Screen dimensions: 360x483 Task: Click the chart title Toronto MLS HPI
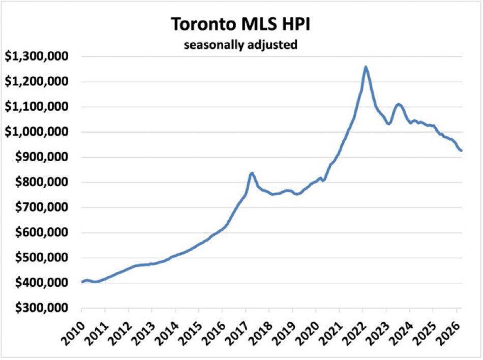click(x=240, y=24)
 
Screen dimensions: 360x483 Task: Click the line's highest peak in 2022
click(x=366, y=67)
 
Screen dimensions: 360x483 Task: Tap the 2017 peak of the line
click(x=251, y=173)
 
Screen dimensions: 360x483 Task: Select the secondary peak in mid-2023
click(x=399, y=104)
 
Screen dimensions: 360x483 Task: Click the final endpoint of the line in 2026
click(x=461, y=151)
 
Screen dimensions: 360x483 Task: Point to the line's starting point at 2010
click(x=82, y=282)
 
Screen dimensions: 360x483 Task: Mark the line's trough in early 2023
click(x=389, y=124)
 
